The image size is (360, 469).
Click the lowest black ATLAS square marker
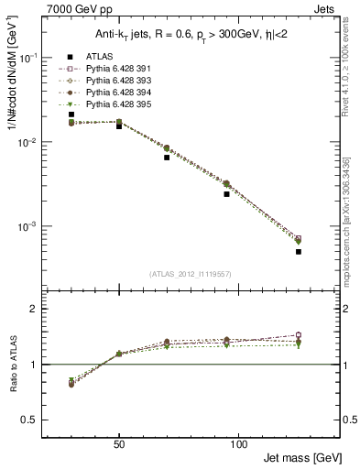(299, 251)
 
